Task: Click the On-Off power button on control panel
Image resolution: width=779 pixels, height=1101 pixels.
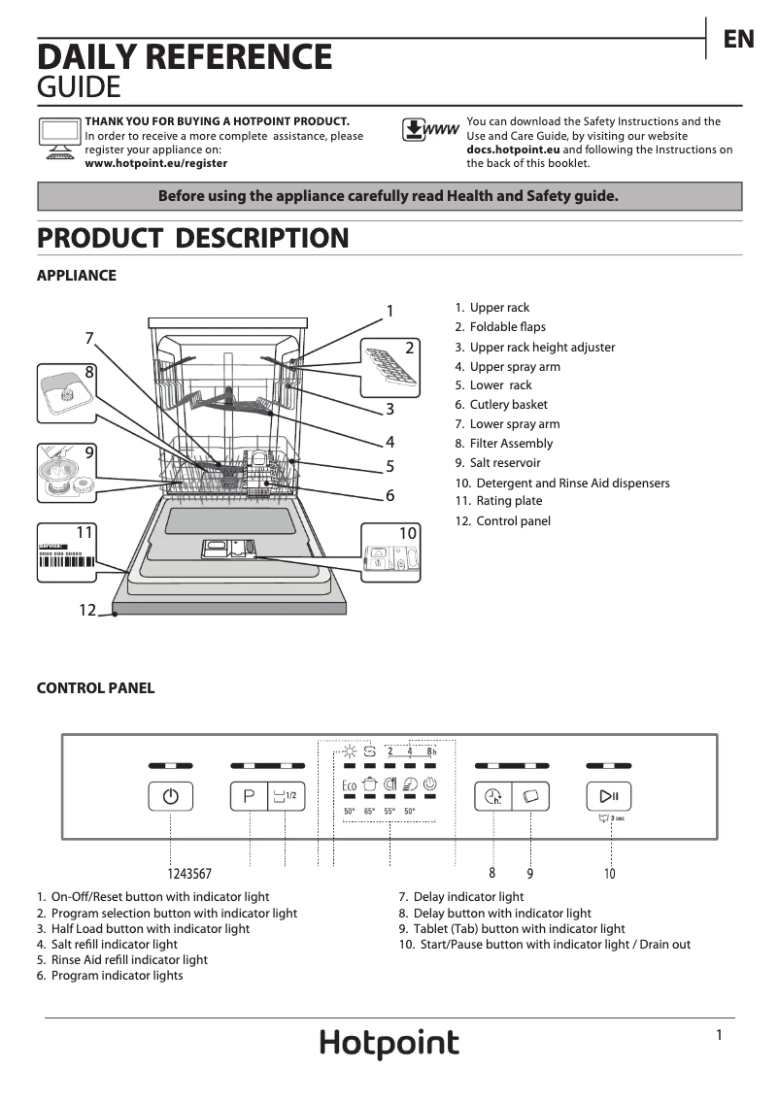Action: (171, 796)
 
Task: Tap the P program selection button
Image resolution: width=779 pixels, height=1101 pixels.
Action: (249, 796)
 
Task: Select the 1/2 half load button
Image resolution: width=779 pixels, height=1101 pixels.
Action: (285, 796)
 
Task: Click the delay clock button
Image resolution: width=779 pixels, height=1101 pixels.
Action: (492, 797)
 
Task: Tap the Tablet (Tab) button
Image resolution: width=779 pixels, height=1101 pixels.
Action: (530, 797)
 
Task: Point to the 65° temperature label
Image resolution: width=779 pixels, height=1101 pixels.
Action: (369, 812)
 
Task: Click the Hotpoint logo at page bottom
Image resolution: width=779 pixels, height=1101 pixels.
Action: (389, 1044)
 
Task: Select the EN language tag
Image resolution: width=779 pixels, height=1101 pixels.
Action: (738, 39)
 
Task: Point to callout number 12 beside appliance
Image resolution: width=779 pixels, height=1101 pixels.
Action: (87, 610)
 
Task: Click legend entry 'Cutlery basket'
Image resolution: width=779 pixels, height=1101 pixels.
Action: (508, 405)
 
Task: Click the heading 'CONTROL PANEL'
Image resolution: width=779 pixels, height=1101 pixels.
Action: (95, 688)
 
